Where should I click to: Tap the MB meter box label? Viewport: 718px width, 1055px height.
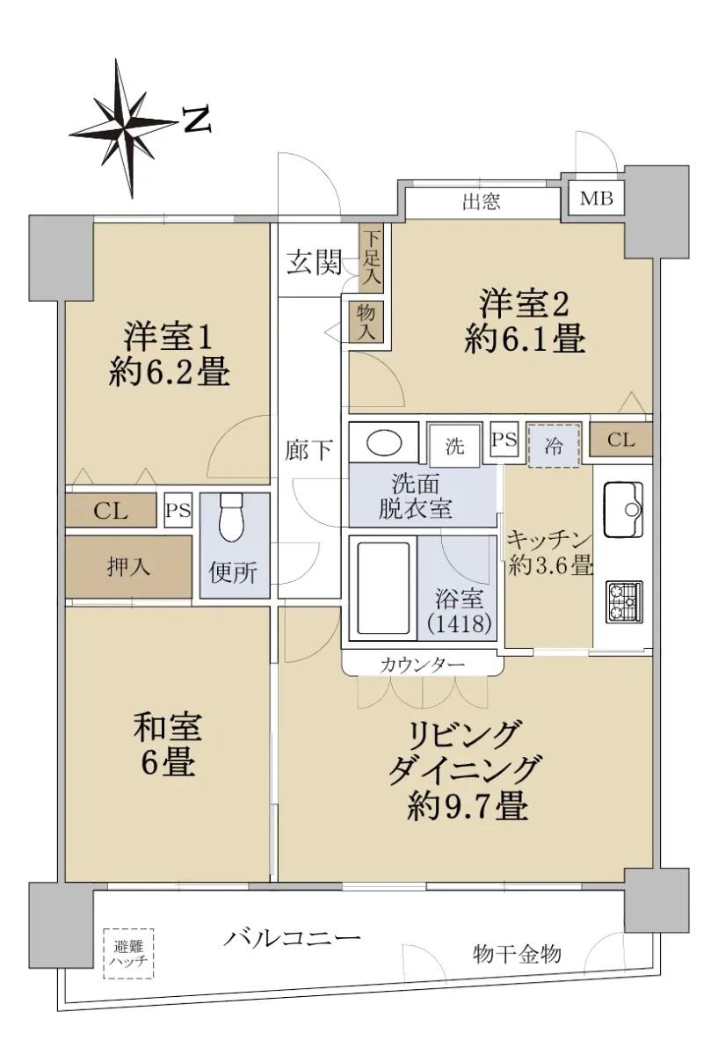[596, 199]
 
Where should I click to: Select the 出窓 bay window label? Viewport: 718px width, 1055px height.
[481, 201]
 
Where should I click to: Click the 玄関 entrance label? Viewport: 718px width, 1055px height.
[314, 262]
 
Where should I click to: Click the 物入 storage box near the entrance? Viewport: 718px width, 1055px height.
[366, 322]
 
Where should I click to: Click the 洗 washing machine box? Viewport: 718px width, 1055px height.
[454, 446]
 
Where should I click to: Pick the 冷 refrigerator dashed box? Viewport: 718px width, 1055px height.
[553, 446]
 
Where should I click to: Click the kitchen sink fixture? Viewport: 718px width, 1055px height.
[623, 510]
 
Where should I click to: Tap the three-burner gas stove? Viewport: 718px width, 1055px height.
[623, 602]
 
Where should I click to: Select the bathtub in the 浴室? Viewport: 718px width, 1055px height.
[383, 588]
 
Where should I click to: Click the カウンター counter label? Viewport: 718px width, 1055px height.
[423, 665]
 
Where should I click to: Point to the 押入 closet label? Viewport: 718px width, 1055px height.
[128, 566]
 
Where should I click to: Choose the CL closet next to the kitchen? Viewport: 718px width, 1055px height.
[621, 440]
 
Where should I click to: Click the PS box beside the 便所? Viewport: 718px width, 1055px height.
[178, 510]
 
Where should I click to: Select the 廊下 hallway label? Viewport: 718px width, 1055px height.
[309, 450]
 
